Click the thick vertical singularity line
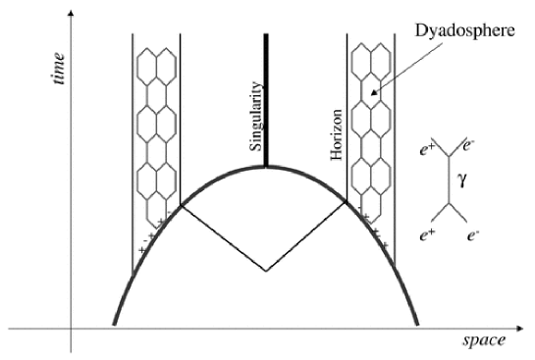266,98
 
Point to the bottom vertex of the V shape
266,270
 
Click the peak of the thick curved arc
266,167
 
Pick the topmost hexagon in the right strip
369,61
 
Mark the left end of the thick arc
115,325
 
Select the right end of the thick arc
418,325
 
